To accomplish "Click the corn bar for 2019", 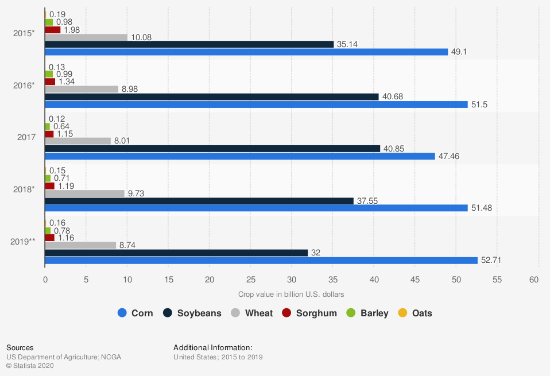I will tap(261, 261).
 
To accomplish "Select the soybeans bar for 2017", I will tap(212, 149).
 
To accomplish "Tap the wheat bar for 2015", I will tap(86, 37).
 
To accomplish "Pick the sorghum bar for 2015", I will tap(53, 30).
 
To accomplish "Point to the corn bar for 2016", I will tap(256, 104).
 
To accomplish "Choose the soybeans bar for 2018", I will tap(199, 201).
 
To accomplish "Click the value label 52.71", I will tap(492, 261).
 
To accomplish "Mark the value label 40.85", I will tap(394, 149).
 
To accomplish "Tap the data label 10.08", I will tap(141, 37).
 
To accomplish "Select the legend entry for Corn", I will tap(135, 313).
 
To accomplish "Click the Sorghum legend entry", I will tap(309, 313).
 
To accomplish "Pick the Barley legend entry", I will tap(367, 313).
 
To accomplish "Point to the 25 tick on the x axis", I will tap(250, 280).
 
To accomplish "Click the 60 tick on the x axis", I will tap(534, 280).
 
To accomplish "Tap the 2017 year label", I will tap(26, 137).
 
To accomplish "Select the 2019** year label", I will tap(23, 242).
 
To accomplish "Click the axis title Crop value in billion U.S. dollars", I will tap(291, 294).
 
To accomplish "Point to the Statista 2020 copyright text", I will tap(29, 366).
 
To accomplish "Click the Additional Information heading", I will tap(213, 347).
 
